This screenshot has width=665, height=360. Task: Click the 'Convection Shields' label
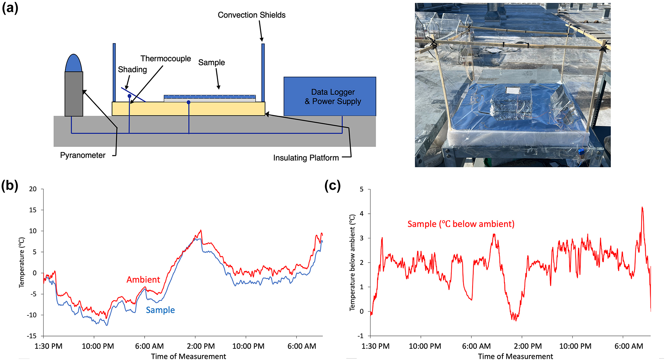[x=252, y=15]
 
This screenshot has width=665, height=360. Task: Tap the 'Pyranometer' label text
[x=83, y=155]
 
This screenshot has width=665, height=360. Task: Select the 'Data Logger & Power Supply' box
[x=330, y=96]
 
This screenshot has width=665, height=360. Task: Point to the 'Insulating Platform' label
[x=306, y=158]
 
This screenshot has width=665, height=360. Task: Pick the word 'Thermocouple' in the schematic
[x=166, y=59]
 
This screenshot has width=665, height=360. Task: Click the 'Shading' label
[x=132, y=69]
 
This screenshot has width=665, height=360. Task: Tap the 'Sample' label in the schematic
[x=211, y=62]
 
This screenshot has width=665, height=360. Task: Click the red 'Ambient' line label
[x=143, y=280]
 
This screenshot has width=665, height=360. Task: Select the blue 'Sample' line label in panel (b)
[x=160, y=310]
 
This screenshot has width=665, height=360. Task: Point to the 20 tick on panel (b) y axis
[x=33, y=189]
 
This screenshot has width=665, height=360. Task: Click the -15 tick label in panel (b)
[x=32, y=336]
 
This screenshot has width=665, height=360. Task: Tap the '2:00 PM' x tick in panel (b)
[x=201, y=346]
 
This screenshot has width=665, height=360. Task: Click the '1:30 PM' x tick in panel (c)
[x=376, y=346]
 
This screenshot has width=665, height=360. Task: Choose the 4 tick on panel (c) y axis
[x=362, y=214]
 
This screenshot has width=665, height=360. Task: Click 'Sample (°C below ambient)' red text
[x=461, y=224]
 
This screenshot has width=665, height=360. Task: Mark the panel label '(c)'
[x=332, y=186]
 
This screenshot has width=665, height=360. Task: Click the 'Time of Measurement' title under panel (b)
[x=188, y=356]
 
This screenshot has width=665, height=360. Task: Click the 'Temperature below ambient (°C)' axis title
[x=352, y=263]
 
